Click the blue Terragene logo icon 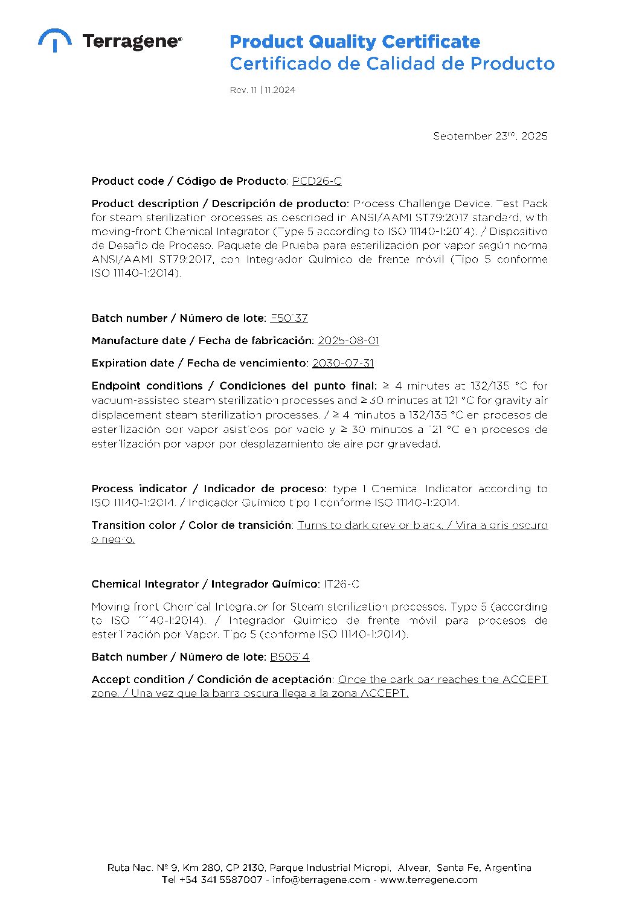click(54, 40)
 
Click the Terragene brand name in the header click(132, 42)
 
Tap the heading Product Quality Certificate click(355, 42)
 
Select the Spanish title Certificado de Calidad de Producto click(391, 63)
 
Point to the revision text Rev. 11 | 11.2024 click(262, 90)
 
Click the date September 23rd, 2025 click(490, 136)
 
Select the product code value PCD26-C click(316, 181)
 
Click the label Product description click(145, 204)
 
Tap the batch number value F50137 click(289, 318)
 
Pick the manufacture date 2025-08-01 click(348, 341)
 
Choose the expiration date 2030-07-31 click(342, 363)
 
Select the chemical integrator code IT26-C click(341, 584)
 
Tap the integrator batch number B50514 click(289, 657)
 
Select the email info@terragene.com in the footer click(321, 880)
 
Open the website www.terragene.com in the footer click(428, 880)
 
